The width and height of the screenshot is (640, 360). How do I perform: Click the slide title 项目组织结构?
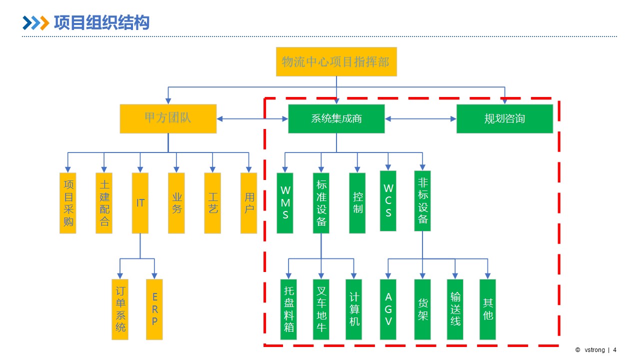pyautogui.click(x=101, y=23)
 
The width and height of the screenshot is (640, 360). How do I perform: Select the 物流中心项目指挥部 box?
pyautogui.click(x=336, y=62)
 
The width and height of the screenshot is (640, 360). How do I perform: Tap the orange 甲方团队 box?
pyautogui.click(x=168, y=118)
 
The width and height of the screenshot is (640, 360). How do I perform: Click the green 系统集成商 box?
pyautogui.click(x=336, y=118)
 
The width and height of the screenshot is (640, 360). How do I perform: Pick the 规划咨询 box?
pyautogui.click(x=504, y=118)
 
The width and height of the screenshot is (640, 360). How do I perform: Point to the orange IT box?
pyautogui.click(x=140, y=203)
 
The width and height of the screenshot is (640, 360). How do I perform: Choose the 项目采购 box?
pyautogui.click(x=68, y=203)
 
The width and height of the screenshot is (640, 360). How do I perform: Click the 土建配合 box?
pyautogui.click(x=104, y=203)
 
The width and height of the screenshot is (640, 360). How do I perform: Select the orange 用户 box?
pyautogui.click(x=249, y=203)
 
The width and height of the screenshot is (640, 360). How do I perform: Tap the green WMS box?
pyautogui.click(x=285, y=203)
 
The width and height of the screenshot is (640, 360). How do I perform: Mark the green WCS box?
pyautogui.click(x=388, y=201)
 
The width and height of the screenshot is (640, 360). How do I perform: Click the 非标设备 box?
pyautogui.click(x=422, y=201)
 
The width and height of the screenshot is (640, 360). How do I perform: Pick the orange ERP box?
pyautogui.click(x=154, y=309)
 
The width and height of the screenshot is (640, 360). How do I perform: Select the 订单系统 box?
pyautogui.click(x=120, y=309)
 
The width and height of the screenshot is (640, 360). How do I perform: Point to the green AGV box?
pyautogui.click(x=388, y=309)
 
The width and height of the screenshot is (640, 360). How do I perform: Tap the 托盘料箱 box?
pyautogui.click(x=288, y=309)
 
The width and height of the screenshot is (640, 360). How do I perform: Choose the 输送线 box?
pyautogui.click(x=455, y=309)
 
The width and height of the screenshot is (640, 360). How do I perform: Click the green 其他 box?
pyautogui.click(x=487, y=309)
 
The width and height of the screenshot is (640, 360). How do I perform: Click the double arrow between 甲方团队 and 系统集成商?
pyautogui.click(x=252, y=118)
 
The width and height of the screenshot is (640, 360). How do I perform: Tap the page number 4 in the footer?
pyautogui.click(x=614, y=350)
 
